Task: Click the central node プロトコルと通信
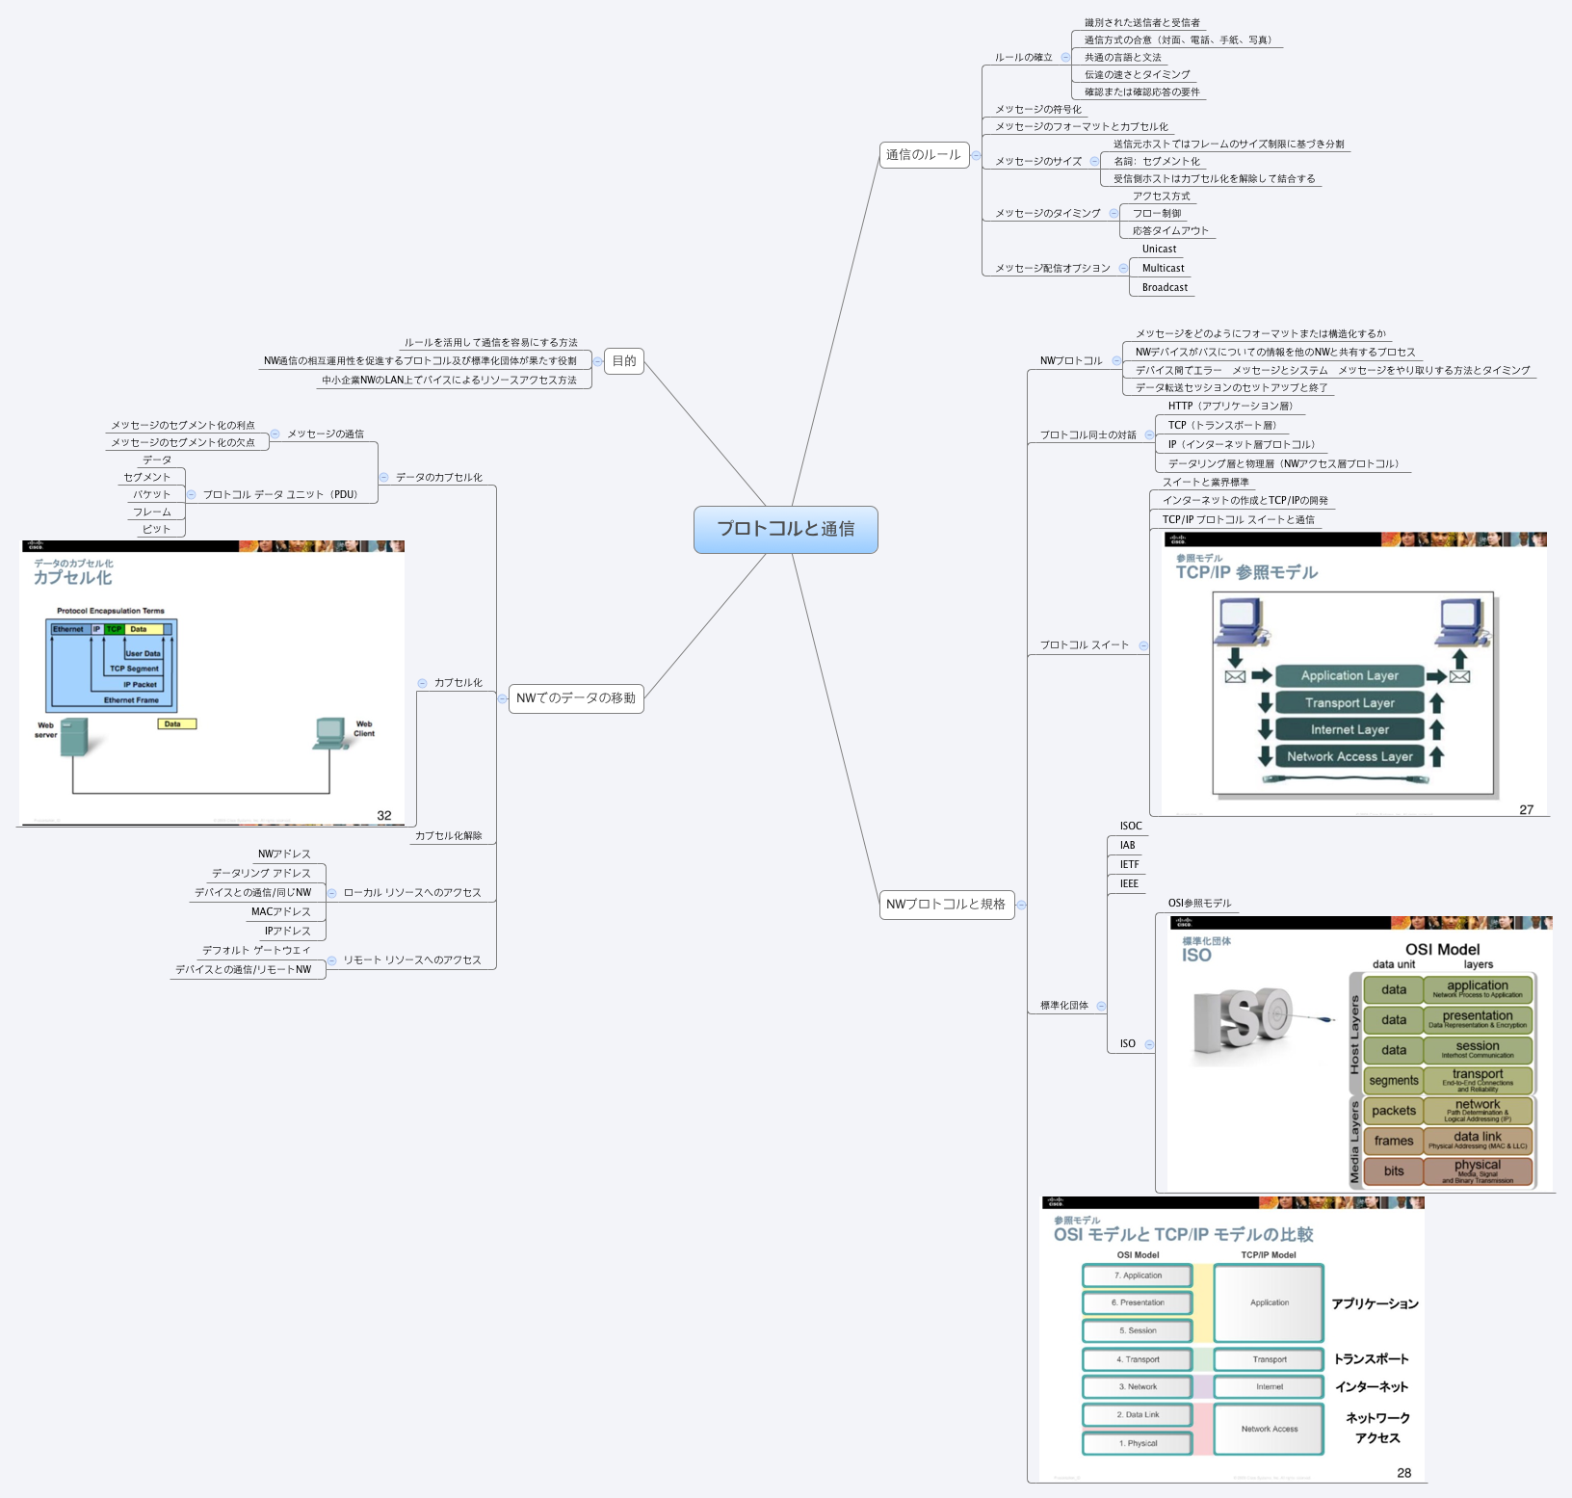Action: [x=785, y=529]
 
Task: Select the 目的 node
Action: [x=624, y=361]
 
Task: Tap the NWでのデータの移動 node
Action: [x=575, y=698]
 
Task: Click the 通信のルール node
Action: [x=923, y=154]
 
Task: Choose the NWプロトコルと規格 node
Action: [x=946, y=905]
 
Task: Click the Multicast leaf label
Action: [x=1163, y=268]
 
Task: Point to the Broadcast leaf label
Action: [x=1165, y=287]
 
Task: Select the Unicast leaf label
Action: [x=1159, y=249]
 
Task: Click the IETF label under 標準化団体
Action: [x=1129, y=864]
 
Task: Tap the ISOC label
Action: [x=1130, y=826]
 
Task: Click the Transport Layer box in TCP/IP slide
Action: [x=1349, y=702]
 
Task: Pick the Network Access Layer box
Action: [x=1349, y=756]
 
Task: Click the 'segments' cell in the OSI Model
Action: [x=1393, y=1080]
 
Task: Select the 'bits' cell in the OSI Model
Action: [x=1393, y=1170]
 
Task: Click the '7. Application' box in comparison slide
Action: [x=1138, y=1275]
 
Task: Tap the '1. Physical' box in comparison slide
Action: [x=1138, y=1443]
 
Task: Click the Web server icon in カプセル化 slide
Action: [x=74, y=736]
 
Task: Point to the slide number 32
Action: [x=384, y=815]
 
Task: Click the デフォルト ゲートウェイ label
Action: [x=256, y=950]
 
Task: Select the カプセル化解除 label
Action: [x=448, y=835]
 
